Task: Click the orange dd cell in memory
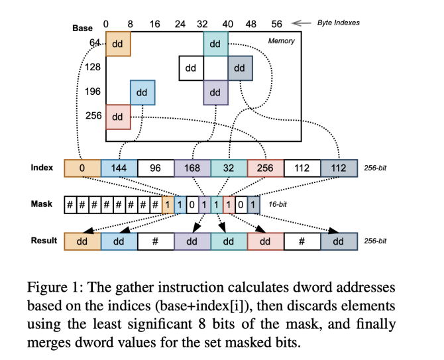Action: [x=118, y=44]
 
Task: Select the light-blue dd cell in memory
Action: [x=142, y=93]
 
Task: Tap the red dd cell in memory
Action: [x=118, y=117]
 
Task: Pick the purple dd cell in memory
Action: [x=215, y=93]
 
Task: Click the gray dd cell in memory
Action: [x=239, y=68]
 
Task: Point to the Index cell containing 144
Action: [x=119, y=168]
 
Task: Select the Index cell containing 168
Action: [x=192, y=168]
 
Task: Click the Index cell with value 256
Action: [x=265, y=168]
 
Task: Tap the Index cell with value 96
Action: [x=156, y=168]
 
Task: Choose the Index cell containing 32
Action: [x=229, y=168]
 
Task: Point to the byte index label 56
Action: [x=277, y=24]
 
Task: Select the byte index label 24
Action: [x=180, y=24]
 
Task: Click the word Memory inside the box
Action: [x=281, y=41]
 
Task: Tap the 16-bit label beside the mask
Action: [x=278, y=205]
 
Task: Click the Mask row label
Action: [x=42, y=204]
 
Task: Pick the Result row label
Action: [x=44, y=241]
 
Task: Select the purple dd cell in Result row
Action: [x=192, y=242]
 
